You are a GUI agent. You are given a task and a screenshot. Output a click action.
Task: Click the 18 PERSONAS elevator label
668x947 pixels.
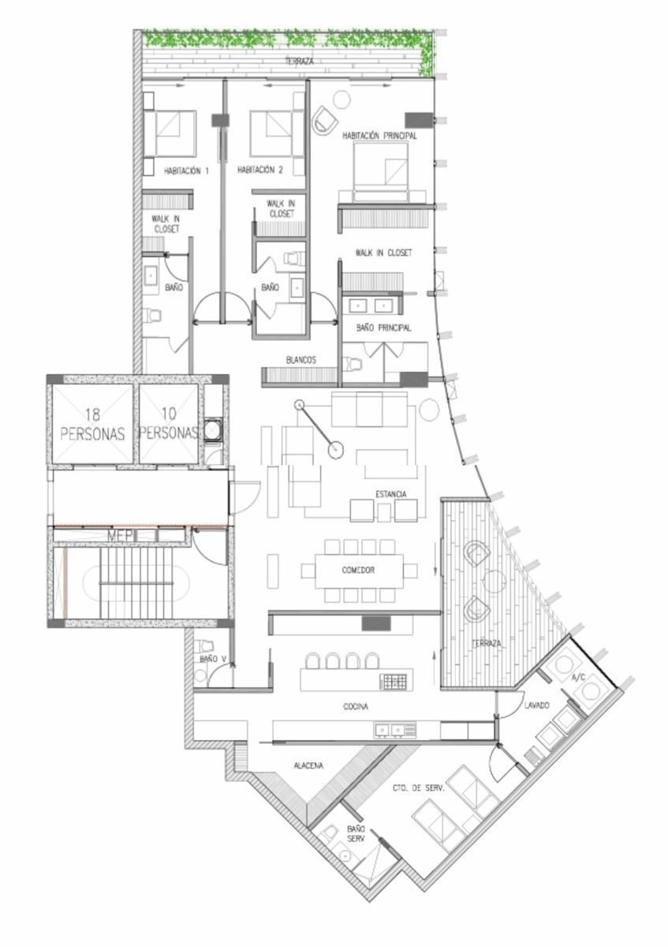92,424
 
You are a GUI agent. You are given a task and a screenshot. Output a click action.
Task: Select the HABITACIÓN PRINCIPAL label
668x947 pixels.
379,136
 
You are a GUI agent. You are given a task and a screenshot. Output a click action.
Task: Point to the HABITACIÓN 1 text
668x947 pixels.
186,171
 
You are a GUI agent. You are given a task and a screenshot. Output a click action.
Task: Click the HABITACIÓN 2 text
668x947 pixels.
259,170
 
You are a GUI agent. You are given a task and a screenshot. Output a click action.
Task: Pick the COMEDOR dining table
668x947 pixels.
359,571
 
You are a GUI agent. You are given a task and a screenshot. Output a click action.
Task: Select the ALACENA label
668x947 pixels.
308,765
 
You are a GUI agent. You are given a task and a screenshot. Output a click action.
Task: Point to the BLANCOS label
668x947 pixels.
300,360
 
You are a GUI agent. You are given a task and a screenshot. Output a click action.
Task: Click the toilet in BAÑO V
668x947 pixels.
205,646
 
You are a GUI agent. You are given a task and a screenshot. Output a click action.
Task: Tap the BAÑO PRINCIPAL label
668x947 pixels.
383,328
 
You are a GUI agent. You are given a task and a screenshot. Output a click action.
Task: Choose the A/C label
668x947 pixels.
578,678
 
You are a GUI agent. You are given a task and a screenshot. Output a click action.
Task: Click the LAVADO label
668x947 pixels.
537,706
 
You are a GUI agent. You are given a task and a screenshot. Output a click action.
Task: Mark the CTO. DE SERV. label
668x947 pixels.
419,788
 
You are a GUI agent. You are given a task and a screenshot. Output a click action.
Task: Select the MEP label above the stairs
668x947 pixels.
121,536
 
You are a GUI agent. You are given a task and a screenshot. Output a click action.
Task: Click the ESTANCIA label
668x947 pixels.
391,494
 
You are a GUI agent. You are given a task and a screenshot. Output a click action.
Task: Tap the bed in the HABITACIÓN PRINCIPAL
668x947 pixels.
381,172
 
